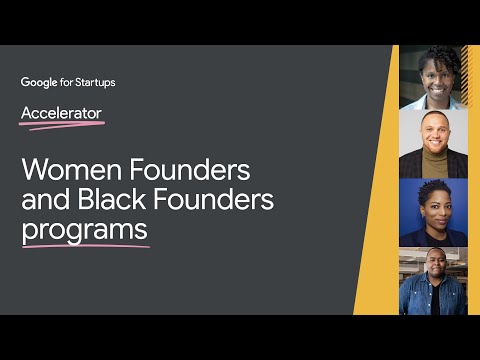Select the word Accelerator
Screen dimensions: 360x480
point(61,112)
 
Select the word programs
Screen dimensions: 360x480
point(84,231)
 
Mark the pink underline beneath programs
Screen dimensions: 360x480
point(86,245)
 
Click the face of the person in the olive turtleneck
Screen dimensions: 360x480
point(433,135)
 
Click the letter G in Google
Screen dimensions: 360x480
point(25,82)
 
